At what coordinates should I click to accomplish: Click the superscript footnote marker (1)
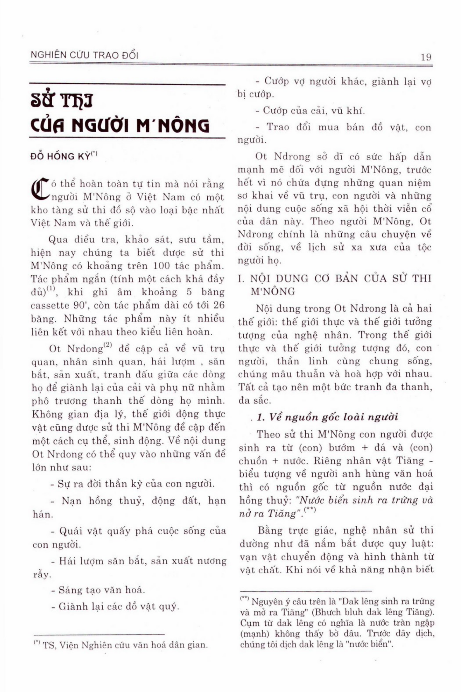(x=51, y=289)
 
